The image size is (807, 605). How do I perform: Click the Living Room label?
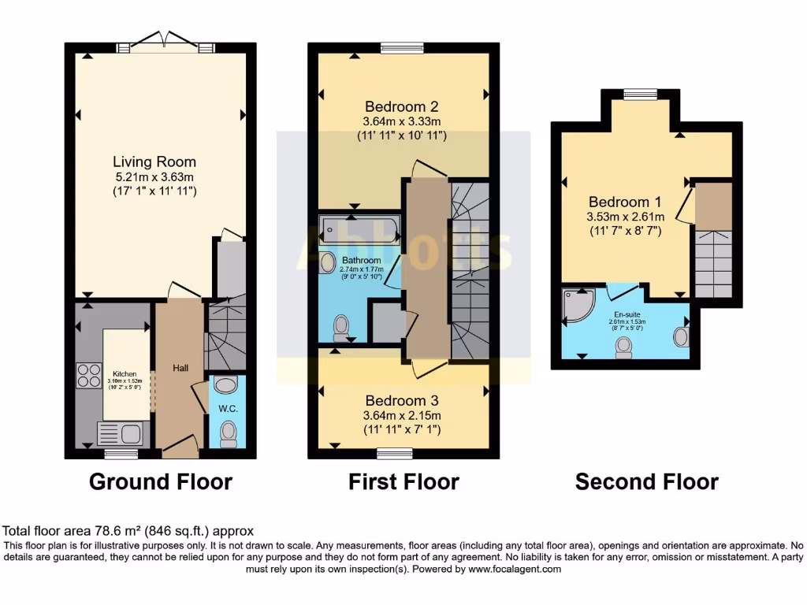[154, 161]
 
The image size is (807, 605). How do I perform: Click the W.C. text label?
[228, 409]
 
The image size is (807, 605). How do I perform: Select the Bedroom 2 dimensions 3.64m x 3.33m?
[401, 121]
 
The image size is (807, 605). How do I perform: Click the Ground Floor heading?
[161, 481]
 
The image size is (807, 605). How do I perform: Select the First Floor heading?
[403, 481]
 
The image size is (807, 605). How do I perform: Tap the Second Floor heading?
[646, 481]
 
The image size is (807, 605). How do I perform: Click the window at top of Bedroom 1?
[635, 95]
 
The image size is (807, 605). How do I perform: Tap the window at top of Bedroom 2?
[393, 48]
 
